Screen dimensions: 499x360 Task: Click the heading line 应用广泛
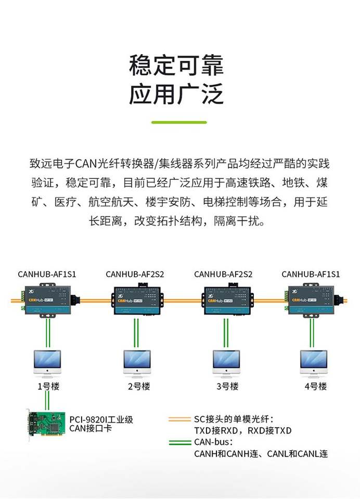[x=176, y=96]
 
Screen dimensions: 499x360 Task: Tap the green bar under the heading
[x=179, y=123]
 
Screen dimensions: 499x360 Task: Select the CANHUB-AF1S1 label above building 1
[x=47, y=274]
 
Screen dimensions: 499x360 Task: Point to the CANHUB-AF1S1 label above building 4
[x=311, y=274]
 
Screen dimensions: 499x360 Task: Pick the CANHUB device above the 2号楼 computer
[x=136, y=300]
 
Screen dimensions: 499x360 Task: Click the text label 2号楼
[x=138, y=387]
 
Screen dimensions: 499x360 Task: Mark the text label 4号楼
[x=315, y=387]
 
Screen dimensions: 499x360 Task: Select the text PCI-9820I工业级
[x=101, y=419]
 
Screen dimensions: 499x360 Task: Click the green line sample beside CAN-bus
[x=180, y=443]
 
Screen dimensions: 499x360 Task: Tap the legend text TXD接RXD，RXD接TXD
[x=242, y=431]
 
